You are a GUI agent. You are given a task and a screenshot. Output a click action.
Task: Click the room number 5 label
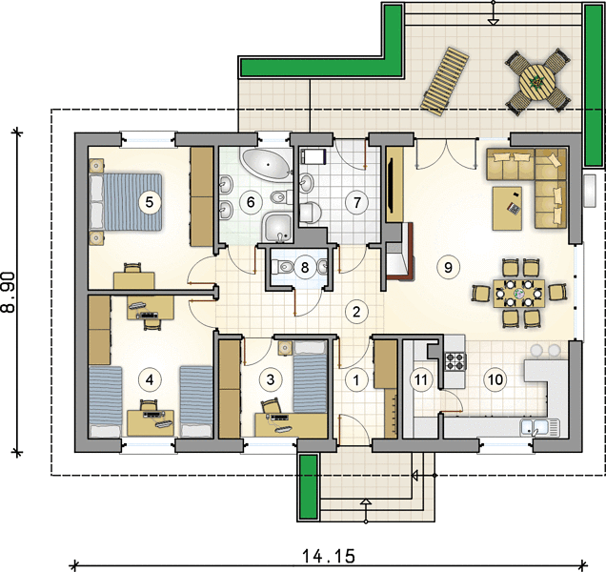[150, 202]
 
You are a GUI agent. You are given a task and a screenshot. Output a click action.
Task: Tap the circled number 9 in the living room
[448, 267]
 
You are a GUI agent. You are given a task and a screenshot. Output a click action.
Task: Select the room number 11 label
[421, 379]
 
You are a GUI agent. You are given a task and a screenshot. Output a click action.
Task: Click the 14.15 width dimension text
[328, 557]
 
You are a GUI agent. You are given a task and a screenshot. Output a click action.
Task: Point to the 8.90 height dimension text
[9, 292]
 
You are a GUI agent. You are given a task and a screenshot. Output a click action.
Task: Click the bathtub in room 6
[267, 164]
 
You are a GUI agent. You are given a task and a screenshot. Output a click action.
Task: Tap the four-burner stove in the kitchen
[455, 360]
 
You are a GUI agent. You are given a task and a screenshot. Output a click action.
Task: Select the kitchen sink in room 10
[539, 427]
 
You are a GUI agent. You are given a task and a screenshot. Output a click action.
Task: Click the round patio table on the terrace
[537, 82]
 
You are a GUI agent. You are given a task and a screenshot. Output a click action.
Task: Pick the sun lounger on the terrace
[445, 81]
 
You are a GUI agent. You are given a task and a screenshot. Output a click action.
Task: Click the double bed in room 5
[126, 202]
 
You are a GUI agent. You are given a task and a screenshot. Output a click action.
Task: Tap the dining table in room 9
[518, 294]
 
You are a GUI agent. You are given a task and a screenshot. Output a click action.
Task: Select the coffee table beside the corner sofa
[507, 208]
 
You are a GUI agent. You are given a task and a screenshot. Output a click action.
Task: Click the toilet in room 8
[283, 267]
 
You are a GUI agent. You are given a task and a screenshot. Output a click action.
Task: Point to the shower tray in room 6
[278, 227]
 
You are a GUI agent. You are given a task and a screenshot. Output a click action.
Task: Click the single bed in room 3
[311, 378]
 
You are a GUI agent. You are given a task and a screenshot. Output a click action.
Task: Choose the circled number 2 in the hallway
[356, 312]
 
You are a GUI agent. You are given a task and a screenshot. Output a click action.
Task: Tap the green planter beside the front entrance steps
[309, 486]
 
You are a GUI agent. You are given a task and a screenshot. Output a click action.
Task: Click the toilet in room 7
[310, 213]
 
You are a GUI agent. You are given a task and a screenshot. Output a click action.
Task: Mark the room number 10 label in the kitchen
[495, 379]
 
